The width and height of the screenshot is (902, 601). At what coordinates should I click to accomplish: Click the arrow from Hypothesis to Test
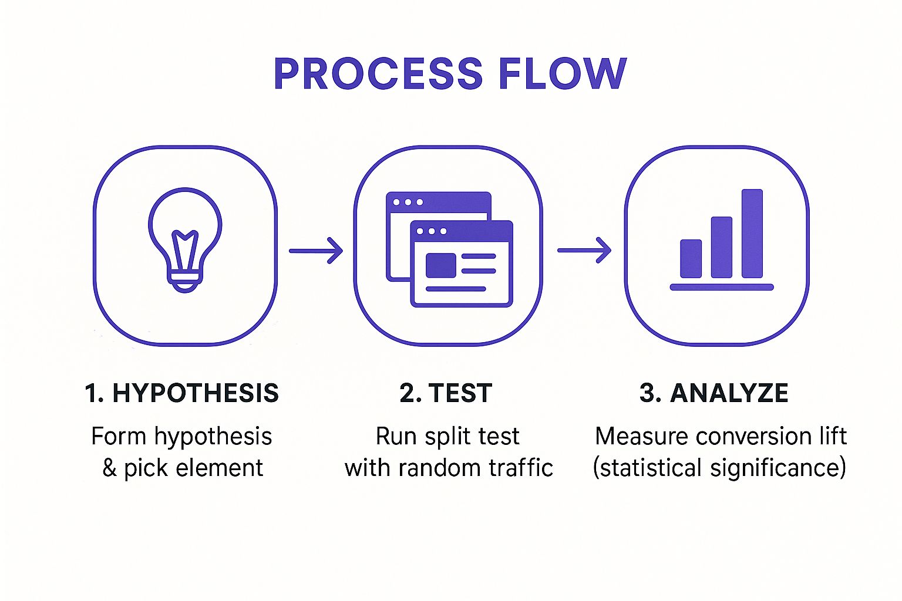tap(316, 251)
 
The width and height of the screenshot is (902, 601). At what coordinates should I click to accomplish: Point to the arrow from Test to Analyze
tap(584, 251)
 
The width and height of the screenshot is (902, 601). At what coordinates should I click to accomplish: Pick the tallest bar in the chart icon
tap(752, 234)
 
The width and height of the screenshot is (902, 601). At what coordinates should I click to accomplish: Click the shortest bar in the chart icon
tap(691, 258)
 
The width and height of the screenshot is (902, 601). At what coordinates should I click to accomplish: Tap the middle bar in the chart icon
tap(721, 247)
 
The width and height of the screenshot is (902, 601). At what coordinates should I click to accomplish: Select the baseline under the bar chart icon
tap(722, 287)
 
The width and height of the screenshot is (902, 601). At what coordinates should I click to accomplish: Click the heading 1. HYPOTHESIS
tap(181, 393)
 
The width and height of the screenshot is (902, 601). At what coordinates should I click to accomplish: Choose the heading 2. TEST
tap(446, 393)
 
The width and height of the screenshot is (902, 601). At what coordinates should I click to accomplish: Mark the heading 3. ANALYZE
tap(713, 393)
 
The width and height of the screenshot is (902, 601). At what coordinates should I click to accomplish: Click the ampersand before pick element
tap(109, 468)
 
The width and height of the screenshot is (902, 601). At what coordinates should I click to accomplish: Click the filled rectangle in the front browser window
tap(440, 265)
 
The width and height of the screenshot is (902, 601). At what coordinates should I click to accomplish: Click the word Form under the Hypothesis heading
tap(119, 437)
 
